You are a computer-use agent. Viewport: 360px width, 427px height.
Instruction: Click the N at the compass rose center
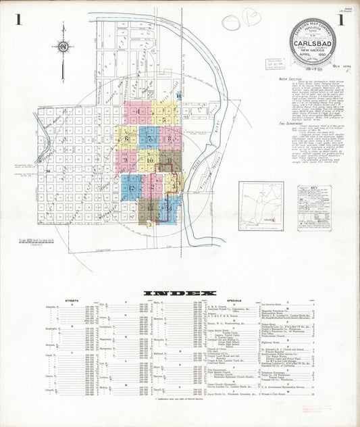[x=62, y=47]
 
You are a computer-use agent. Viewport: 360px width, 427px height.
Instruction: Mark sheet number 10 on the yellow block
[x=149, y=161]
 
